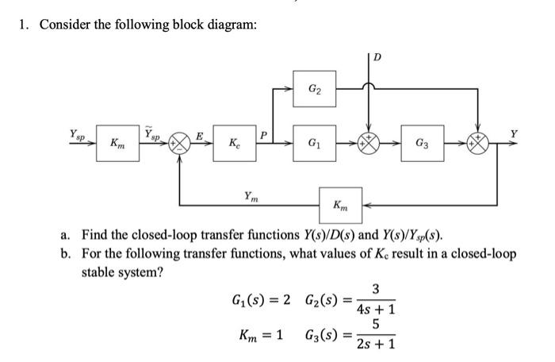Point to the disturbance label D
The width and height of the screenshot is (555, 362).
tap(377, 57)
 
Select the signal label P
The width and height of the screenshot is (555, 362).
tap(265, 135)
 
